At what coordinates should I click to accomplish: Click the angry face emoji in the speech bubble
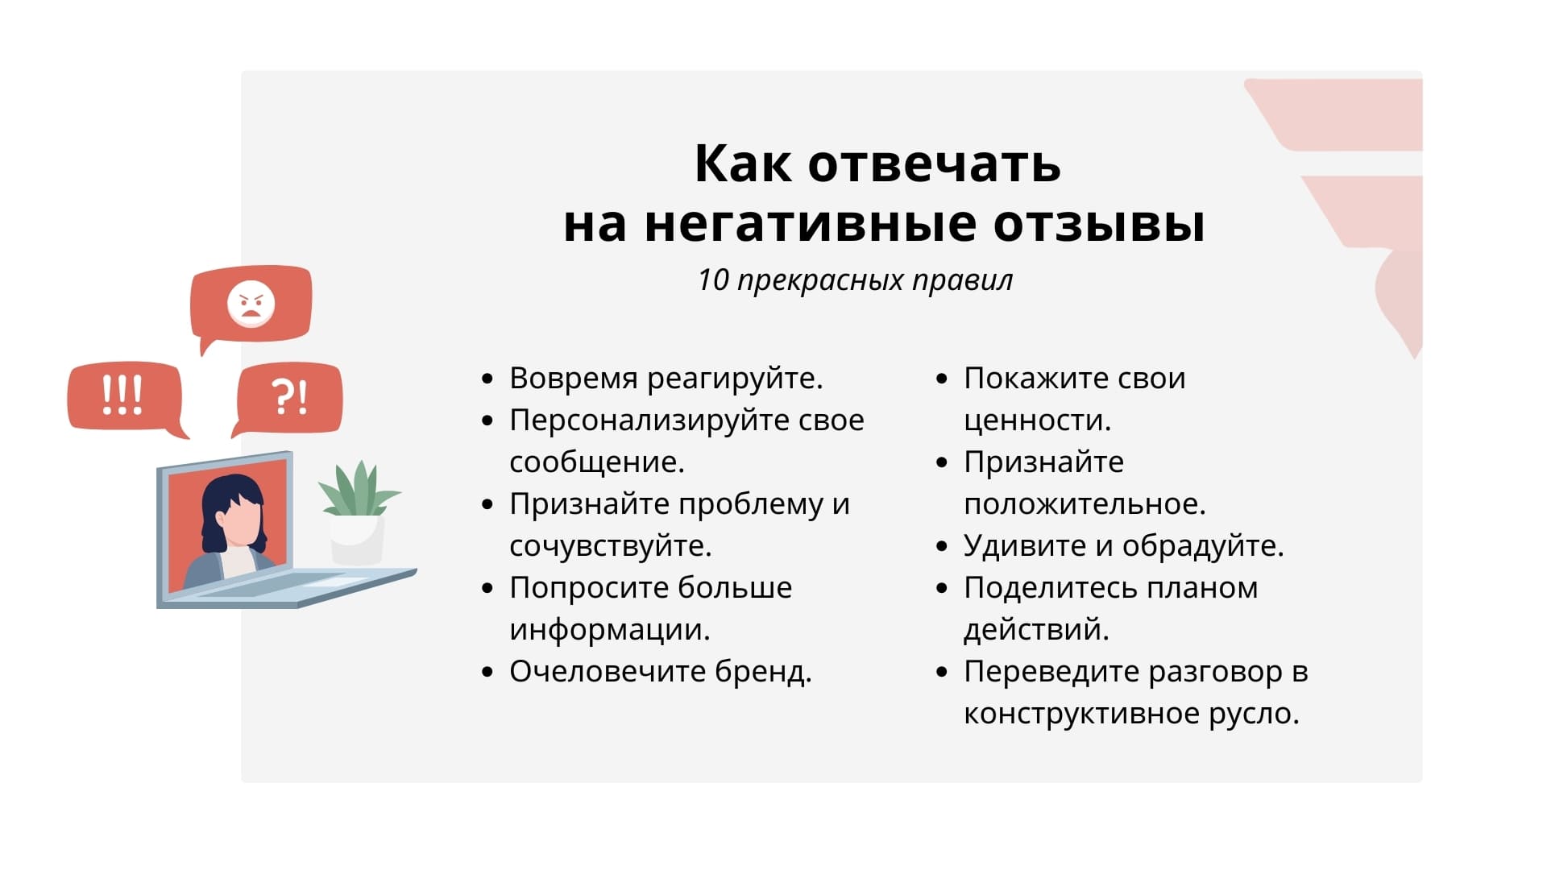[251, 304]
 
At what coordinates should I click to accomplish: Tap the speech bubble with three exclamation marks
[123, 396]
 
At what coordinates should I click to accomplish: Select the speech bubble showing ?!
[289, 396]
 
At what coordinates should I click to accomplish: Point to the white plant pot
[357, 540]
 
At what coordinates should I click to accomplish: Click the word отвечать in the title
[934, 164]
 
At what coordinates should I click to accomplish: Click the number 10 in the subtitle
[713, 280]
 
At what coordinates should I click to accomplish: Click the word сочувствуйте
[610, 546]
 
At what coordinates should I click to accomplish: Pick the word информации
[609, 630]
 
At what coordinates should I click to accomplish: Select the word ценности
[1037, 420]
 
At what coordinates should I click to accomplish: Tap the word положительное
[1084, 504]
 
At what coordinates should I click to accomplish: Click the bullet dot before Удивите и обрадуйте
[942, 546]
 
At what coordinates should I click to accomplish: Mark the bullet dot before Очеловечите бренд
[487, 672]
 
